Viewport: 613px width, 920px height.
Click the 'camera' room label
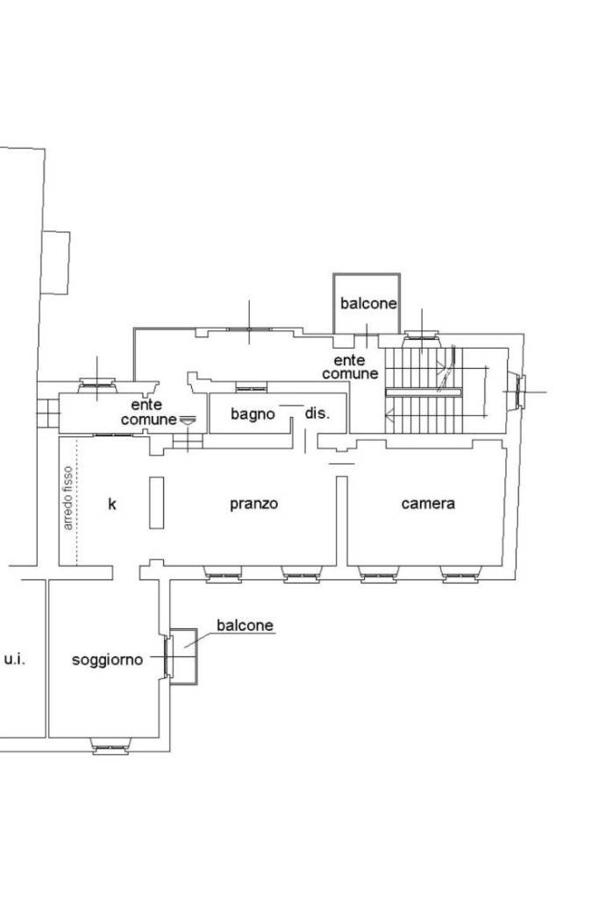427,504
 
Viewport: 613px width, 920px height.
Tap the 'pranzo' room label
253,504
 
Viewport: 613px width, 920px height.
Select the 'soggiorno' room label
108,660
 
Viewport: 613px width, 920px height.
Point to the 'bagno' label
253,414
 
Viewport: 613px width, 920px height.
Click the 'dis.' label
317,413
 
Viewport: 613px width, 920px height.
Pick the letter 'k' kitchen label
112,504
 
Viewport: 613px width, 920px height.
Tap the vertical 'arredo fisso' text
68,499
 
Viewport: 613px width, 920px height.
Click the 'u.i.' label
15,659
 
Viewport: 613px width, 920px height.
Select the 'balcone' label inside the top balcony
368,303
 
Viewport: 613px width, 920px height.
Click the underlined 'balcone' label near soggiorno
245,626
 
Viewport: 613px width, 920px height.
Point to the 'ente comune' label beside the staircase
350,367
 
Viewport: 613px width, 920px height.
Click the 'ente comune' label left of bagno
148,412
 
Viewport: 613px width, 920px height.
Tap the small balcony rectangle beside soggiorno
184,656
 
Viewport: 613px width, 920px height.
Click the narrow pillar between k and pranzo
156,503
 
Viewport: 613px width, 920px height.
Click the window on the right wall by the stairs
517,392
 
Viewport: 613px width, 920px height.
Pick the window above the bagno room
252,386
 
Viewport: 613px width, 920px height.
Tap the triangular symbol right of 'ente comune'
188,420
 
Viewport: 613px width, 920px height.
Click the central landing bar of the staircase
424,392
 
